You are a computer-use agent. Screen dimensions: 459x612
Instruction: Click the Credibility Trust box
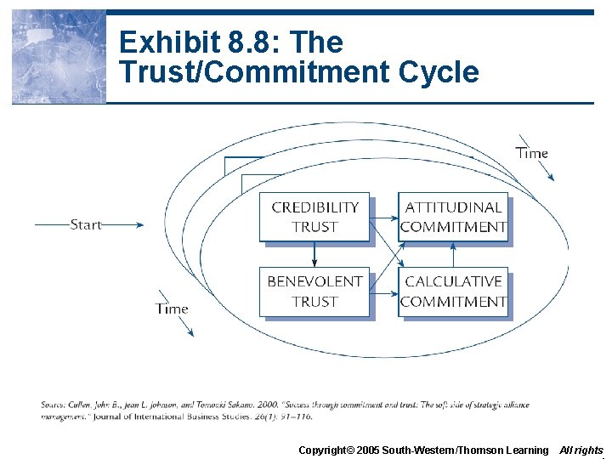point(314,217)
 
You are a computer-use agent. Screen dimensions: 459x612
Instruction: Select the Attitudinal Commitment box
point(453,217)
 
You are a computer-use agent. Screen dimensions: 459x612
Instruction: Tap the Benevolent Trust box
point(314,292)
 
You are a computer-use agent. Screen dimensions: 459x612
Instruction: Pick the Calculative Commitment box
point(453,292)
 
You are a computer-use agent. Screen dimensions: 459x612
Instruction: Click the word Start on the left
point(86,224)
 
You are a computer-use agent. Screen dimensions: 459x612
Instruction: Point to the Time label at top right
point(531,153)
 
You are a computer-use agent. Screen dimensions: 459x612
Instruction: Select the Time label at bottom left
point(172,309)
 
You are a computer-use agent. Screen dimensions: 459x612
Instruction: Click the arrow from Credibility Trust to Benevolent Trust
point(314,254)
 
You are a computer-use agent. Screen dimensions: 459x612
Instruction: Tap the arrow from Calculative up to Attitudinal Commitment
point(453,254)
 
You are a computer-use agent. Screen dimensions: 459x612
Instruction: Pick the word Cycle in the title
point(443,72)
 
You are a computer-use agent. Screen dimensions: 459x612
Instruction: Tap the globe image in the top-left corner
point(58,56)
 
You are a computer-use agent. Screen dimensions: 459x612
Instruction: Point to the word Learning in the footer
point(527,450)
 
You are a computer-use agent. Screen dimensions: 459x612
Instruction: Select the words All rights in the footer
point(581,450)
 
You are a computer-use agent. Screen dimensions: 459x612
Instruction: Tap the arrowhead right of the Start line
point(139,224)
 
